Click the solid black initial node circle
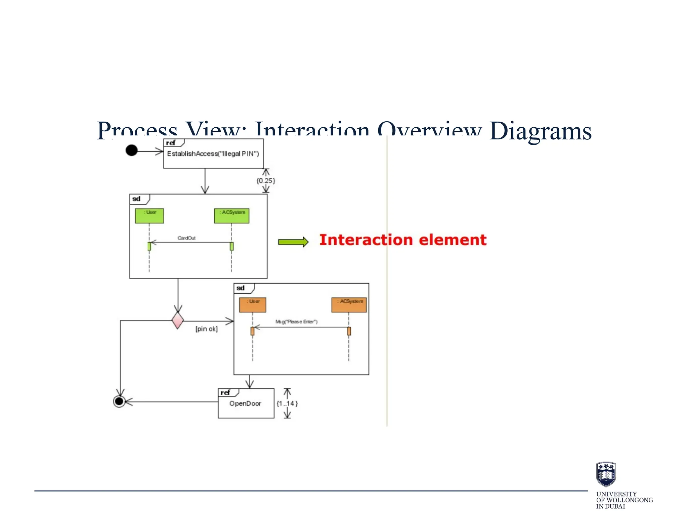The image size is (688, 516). pyautogui.click(x=131, y=150)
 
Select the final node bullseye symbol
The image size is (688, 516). pyautogui.click(x=119, y=401)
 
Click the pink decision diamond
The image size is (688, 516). pyautogui.click(x=177, y=320)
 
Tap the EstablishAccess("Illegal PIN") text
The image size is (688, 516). pyautogui.click(x=213, y=154)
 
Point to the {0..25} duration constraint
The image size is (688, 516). pyautogui.click(x=266, y=181)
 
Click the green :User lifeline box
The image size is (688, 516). pyautogui.click(x=149, y=216)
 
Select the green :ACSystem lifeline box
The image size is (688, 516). pyautogui.click(x=232, y=216)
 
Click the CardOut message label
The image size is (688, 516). pyautogui.click(x=186, y=238)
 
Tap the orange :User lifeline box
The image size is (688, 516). pyautogui.click(x=253, y=305)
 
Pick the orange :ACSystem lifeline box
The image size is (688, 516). pyautogui.click(x=349, y=305)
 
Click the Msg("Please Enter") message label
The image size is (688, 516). pyautogui.click(x=296, y=321)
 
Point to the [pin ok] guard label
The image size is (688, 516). pyautogui.click(x=206, y=329)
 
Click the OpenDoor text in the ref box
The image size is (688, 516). pyautogui.click(x=245, y=403)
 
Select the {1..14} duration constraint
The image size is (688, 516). pyautogui.click(x=287, y=403)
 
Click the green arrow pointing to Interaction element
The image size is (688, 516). pyautogui.click(x=293, y=242)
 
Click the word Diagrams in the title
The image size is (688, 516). pyautogui.click(x=540, y=131)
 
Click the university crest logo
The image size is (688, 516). pyautogui.click(x=606, y=474)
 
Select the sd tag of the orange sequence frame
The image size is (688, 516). pyautogui.click(x=241, y=288)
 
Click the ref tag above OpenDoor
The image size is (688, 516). pyautogui.click(x=225, y=392)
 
